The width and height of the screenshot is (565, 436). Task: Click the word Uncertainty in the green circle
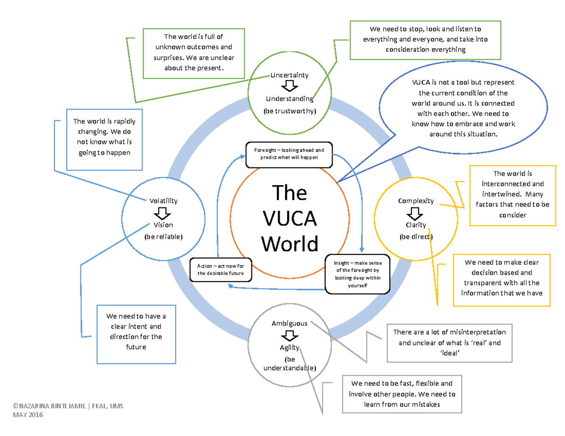tap(289, 75)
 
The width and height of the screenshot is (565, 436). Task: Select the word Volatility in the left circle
tap(163, 201)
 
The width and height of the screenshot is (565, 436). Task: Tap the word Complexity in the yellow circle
tap(416, 201)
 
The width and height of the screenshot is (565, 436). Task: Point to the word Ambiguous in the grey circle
tap(290, 324)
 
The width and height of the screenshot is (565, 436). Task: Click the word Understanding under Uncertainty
tap(289, 99)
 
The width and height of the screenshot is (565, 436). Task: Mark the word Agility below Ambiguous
tap(289, 348)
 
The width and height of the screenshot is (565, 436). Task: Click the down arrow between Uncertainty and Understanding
tap(289, 87)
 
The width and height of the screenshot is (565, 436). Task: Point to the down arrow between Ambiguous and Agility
tap(289, 336)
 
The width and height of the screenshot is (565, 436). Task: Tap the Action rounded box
tap(221, 270)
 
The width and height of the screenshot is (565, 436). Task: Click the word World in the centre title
tap(290, 243)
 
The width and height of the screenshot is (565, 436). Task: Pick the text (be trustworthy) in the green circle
tap(289, 111)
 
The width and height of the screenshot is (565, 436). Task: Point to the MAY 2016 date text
tap(28, 415)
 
